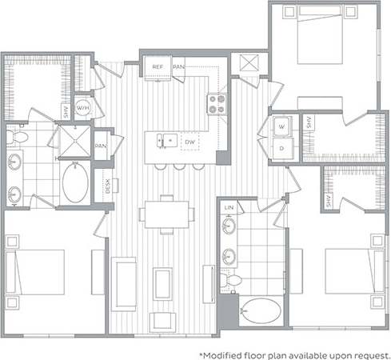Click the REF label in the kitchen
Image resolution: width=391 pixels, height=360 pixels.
pyautogui.click(x=158, y=67)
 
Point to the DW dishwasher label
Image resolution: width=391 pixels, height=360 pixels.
pyautogui.click(x=190, y=142)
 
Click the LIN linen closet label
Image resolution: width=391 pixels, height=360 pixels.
pyautogui.click(x=229, y=207)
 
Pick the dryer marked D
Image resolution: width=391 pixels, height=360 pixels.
pyautogui.click(x=283, y=148)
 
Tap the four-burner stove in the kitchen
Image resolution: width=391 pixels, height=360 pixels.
pyautogui.click(x=217, y=102)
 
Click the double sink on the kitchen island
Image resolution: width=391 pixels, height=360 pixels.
pyautogui.click(x=164, y=141)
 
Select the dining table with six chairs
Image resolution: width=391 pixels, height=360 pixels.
pyautogui.click(x=166, y=213)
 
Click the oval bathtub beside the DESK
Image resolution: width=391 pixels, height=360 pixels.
pyautogui.click(x=77, y=182)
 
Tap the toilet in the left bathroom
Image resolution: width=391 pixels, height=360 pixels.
pyautogui.click(x=18, y=138)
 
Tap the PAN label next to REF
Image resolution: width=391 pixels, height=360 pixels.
pyautogui.click(x=178, y=67)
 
